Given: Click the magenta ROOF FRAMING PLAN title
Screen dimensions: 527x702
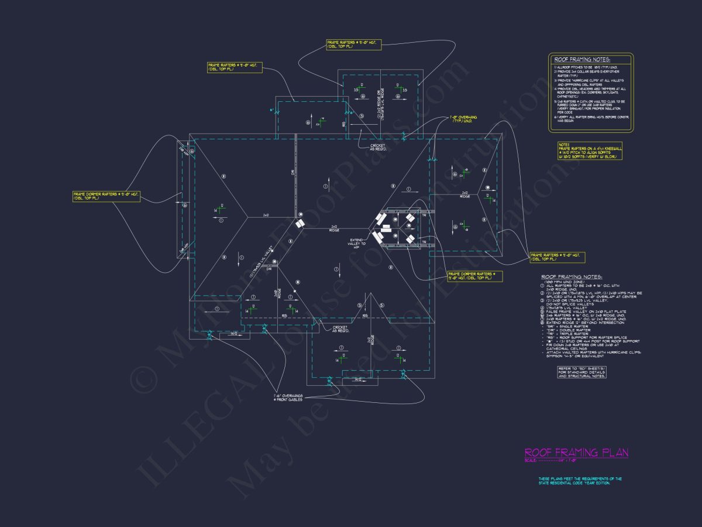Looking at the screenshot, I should (x=576, y=453).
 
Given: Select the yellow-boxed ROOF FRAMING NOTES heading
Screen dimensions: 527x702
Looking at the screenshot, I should (x=582, y=60).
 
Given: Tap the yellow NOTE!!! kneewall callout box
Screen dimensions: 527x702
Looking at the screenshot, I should (x=590, y=151).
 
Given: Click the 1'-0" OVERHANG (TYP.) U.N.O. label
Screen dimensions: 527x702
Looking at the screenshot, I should (x=463, y=119).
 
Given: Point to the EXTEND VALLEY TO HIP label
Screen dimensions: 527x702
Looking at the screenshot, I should (x=357, y=242).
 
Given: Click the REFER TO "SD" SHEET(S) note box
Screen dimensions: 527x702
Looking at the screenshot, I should (x=582, y=372).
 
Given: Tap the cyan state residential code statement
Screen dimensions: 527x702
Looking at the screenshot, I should (x=580, y=481).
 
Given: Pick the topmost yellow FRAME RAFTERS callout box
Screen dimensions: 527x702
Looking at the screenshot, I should (x=353, y=45).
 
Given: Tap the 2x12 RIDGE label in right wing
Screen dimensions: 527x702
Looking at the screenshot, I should (x=465, y=194).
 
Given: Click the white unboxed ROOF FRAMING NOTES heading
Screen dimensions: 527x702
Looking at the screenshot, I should (x=572, y=276).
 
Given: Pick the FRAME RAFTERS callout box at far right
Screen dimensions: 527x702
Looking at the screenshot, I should (x=557, y=256).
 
